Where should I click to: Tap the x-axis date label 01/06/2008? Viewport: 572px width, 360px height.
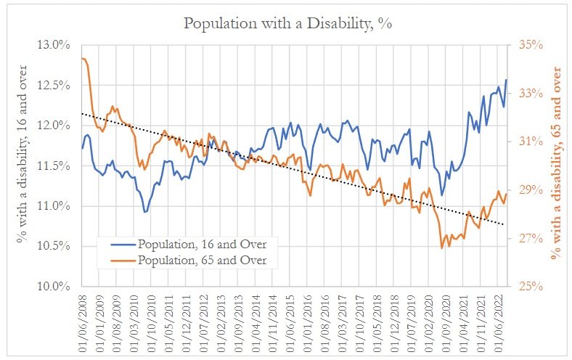pos(82,319)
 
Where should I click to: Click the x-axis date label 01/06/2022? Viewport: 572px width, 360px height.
pos(497,319)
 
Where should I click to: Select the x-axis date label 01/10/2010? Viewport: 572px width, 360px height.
pos(152,319)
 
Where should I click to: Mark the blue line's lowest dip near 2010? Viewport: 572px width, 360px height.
pos(145,211)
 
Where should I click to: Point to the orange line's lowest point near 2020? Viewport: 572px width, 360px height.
pos(441,248)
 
